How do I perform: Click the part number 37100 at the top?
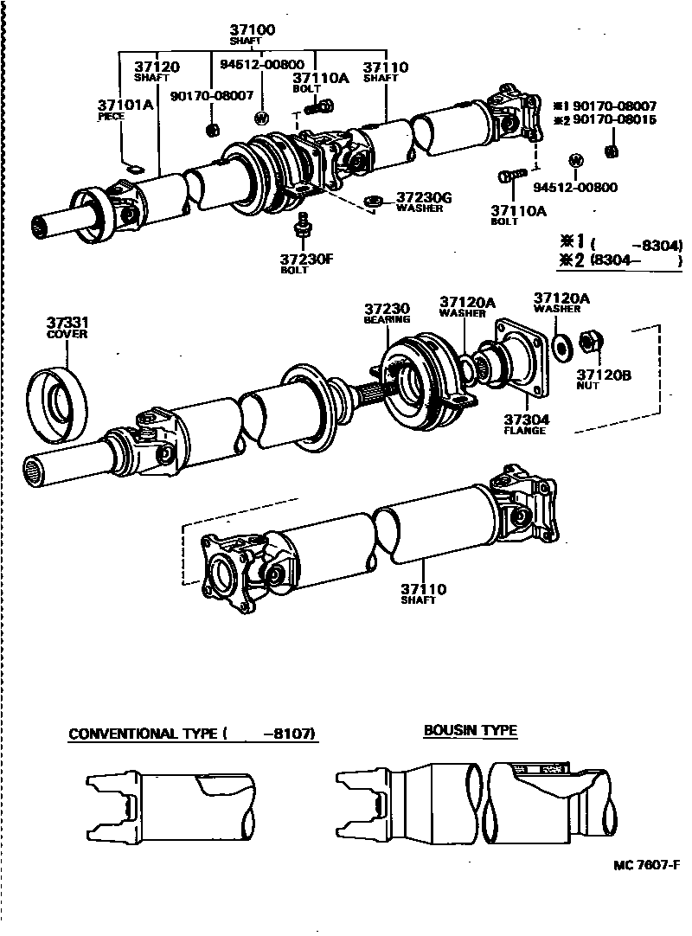pyautogui.click(x=252, y=29)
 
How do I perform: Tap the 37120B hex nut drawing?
pyautogui.click(x=591, y=344)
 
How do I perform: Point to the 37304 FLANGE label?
pyautogui.click(x=525, y=424)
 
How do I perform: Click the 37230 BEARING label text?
pyautogui.click(x=386, y=313)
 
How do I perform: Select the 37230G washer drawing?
pyautogui.click(x=375, y=202)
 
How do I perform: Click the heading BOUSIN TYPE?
pyautogui.click(x=471, y=731)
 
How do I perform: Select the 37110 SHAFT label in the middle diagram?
pyautogui.click(x=423, y=594)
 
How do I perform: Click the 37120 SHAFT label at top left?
pyautogui.click(x=156, y=71)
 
